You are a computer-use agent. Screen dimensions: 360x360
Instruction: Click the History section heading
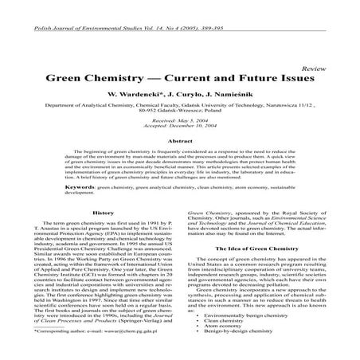pyautogui.click(x=104, y=213)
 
